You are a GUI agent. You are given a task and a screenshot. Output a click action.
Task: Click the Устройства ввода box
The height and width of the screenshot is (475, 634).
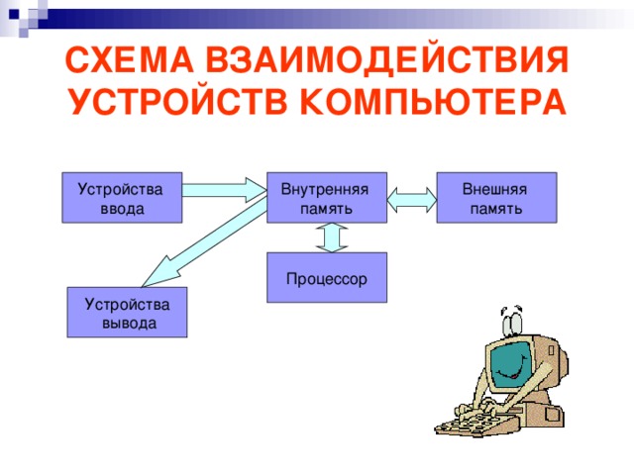click(x=122, y=198)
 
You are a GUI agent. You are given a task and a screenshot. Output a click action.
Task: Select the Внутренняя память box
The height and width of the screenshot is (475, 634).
click(x=326, y=198)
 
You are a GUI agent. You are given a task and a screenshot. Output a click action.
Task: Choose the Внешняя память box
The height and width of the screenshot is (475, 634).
click(x=496, y=198)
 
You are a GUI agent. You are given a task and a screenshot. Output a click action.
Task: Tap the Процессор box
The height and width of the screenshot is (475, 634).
click(x=326, y=278)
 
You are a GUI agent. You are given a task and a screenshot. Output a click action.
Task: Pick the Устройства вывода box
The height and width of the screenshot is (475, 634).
click(x=127, y=313)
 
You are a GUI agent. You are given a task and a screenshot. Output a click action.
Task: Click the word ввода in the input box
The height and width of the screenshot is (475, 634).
click(x=122, y=209)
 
